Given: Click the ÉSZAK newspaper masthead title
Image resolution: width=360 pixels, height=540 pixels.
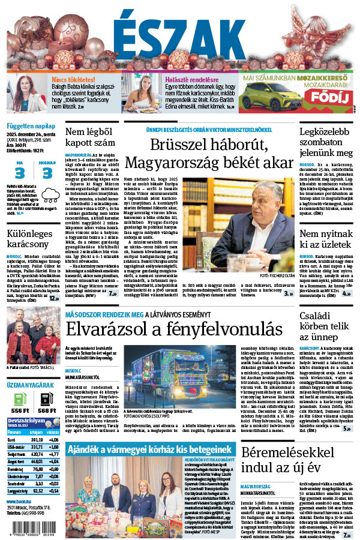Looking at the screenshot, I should coord(180,35).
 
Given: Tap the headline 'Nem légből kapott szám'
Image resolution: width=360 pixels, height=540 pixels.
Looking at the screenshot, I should coord(91,138).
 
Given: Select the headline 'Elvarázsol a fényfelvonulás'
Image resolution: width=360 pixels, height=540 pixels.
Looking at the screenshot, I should coord(174,329).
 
